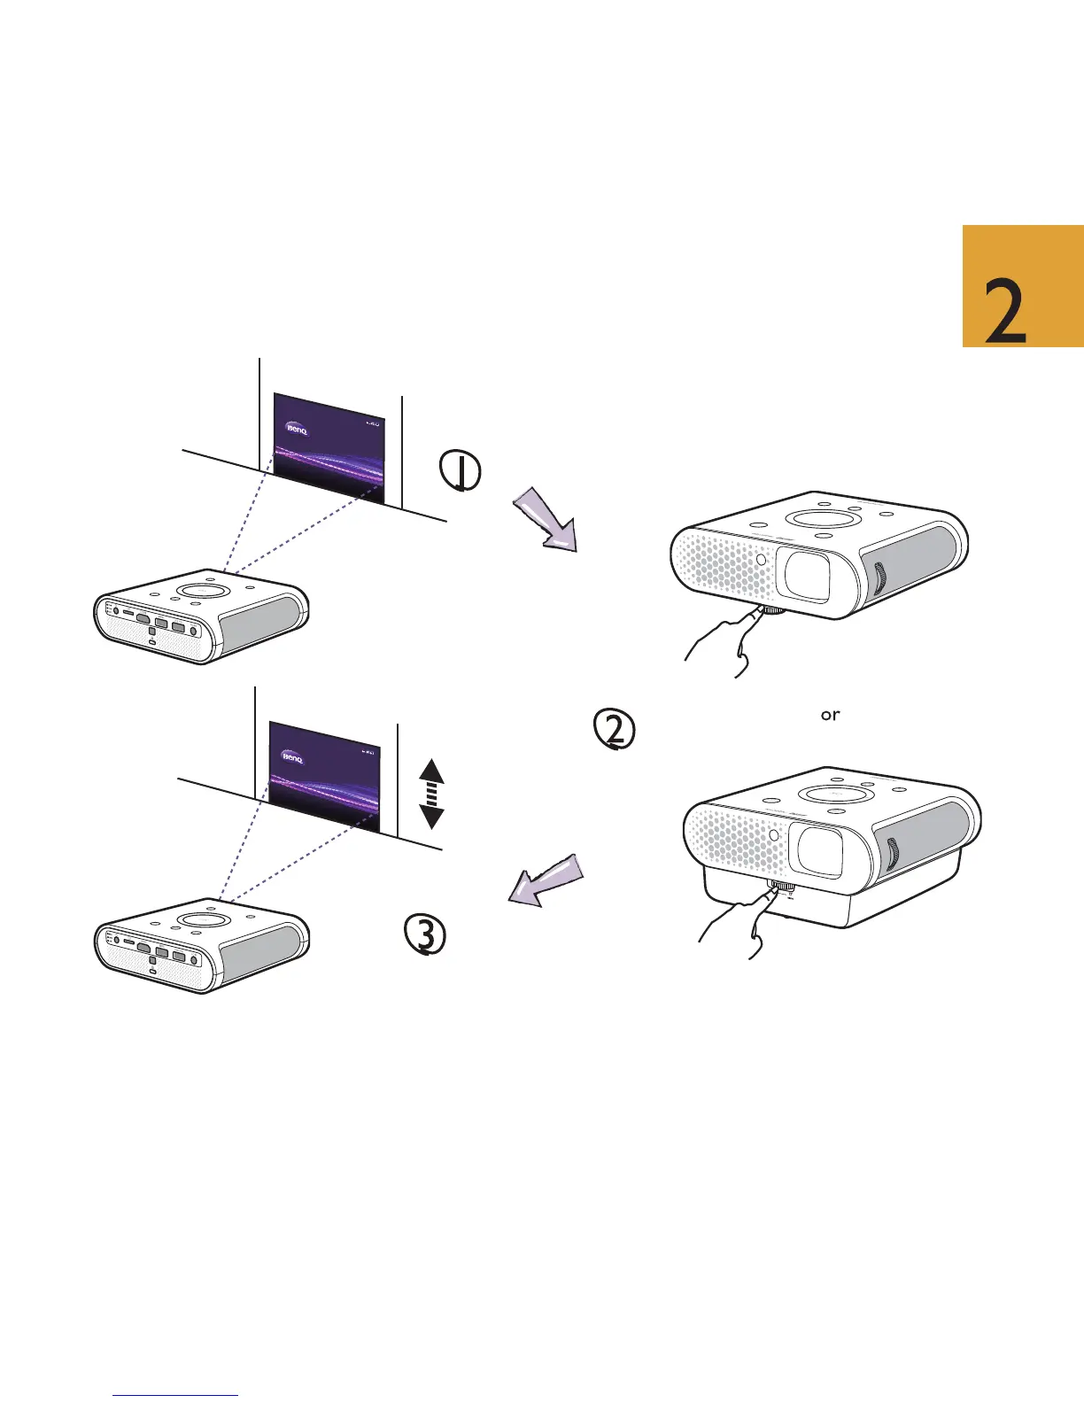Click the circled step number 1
(461, 471)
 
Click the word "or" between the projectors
(830, 715)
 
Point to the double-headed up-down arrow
(431, 794)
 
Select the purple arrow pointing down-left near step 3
(546, 880)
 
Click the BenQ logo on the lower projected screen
(293, 757)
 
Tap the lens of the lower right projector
(820, 852)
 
